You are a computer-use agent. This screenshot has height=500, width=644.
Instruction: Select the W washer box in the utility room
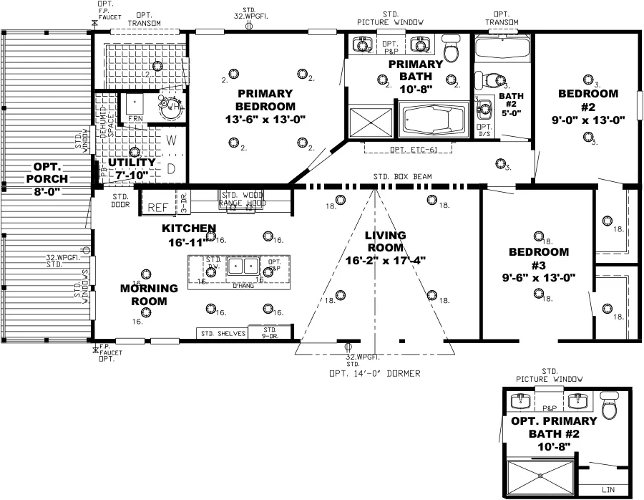(x=172, y=141)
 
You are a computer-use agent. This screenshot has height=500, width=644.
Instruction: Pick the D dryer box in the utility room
(x=172, y=169)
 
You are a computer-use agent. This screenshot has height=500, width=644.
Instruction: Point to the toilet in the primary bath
(x=451, y=50)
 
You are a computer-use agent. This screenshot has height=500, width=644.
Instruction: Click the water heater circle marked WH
(x=170, y=107)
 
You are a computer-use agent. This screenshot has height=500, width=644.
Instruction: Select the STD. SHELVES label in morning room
(x=223, y=333)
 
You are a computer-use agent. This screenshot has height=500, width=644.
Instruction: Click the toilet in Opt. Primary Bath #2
(x=610, y=406)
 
